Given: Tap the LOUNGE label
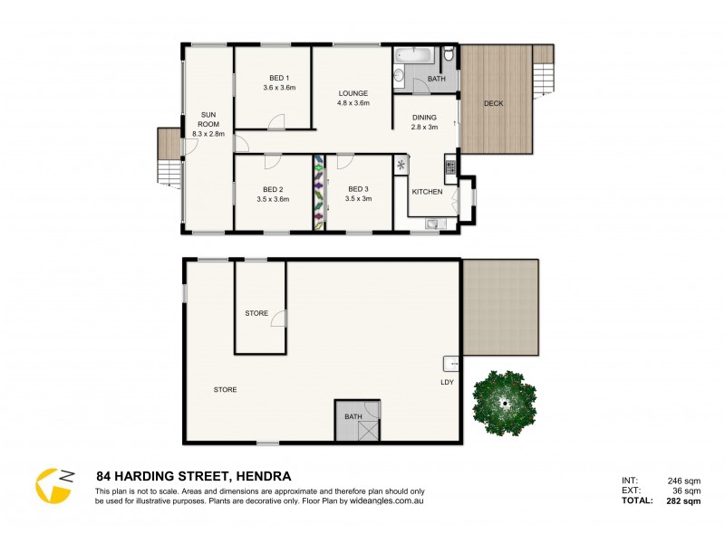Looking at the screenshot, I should [x=353, y=92].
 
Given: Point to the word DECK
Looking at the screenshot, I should [x=493, y=103].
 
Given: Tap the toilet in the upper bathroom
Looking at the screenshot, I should [x=448, y=57].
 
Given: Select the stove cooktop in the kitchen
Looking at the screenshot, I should [x=449, y=167].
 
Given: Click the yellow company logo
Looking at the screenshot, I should [x=53, y=485].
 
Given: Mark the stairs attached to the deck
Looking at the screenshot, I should [x=543, y=65].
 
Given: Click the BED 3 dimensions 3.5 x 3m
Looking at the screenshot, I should [x=358, y=198].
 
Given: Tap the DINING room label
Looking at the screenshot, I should [x=424, y=117].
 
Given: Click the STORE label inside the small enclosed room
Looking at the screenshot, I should [x=256, y=313].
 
